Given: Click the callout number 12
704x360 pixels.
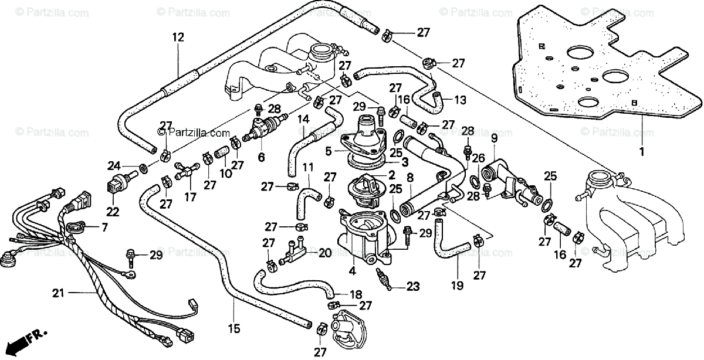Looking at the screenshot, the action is [178, 38].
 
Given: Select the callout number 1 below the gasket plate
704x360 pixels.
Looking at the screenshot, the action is [642, 152].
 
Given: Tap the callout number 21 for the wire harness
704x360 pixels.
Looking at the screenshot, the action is [59, 293].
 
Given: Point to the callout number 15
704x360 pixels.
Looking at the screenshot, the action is [235, 328].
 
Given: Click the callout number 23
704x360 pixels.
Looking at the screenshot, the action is [413, 287].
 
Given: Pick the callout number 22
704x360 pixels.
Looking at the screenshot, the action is [113, 212].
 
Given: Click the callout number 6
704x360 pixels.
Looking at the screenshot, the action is [262, 157].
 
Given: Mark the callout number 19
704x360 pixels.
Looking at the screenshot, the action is [457, 286].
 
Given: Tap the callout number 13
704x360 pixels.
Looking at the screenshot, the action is [460, 100].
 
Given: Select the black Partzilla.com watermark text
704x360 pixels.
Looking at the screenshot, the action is [194, 133].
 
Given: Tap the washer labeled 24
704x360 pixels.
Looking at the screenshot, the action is [144, 168].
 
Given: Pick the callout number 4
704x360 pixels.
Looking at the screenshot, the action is [353, 271].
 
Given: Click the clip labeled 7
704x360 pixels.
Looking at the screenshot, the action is [75, 227].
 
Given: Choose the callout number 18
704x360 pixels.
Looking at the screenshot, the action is [356, 295].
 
